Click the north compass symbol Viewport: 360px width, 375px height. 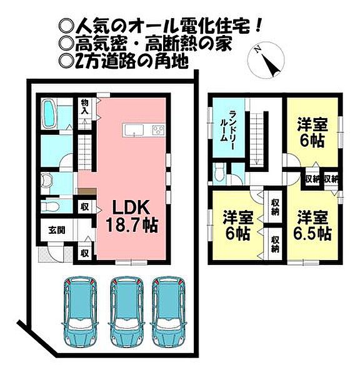[267, 61]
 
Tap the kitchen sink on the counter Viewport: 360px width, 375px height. [133, 131]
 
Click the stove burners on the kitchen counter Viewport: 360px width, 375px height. [157, 131]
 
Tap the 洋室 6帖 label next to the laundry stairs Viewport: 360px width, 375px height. [311, 132]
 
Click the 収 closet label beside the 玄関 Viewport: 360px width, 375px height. [84, 254]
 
